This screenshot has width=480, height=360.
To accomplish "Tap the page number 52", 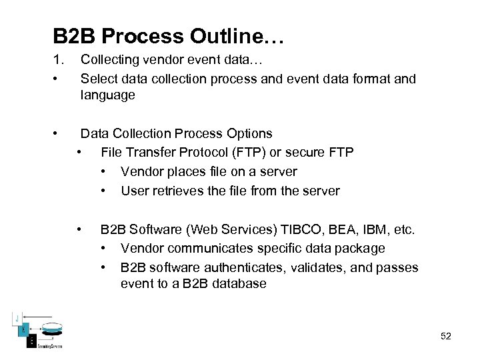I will (446, 336).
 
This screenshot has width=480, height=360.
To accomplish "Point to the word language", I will (107, 95).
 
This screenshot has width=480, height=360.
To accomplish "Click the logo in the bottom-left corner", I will (37, 330).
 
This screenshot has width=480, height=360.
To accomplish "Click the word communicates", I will (207, 248).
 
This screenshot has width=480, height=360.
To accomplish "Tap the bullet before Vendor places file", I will (103, 171).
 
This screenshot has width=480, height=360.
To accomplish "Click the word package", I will (361, 248).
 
